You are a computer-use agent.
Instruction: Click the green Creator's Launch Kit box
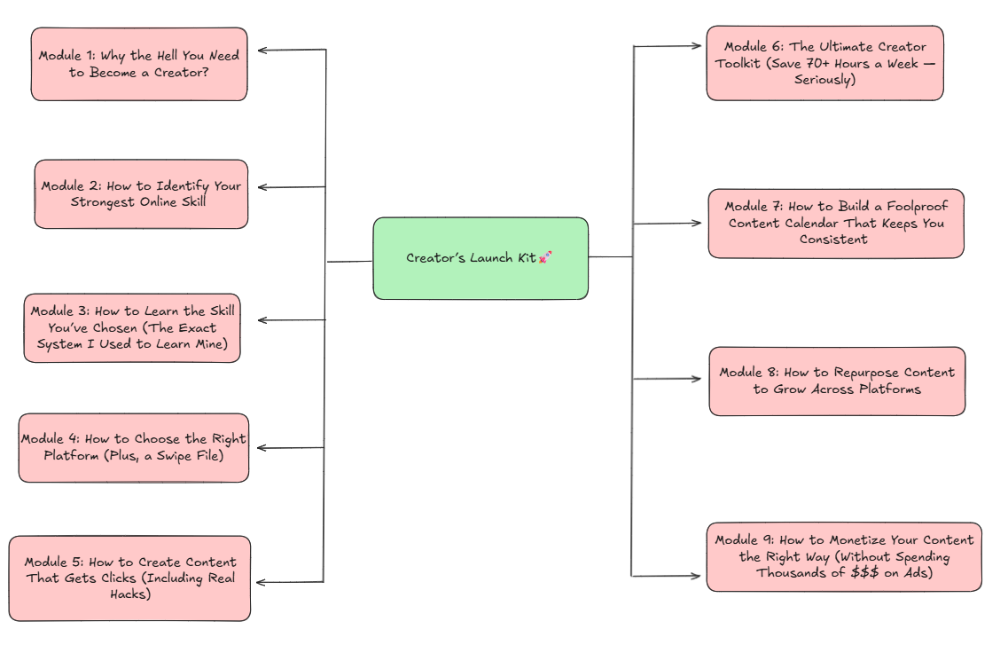[x=480, y=258]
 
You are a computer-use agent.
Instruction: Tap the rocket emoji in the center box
[x=546, y=257]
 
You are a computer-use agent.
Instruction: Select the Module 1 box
[x=139, y=64]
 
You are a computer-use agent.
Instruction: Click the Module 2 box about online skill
[x=141, y=194]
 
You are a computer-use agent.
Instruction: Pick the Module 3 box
[x=131, y=328]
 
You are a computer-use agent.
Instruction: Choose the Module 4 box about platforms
[x=134, y=448]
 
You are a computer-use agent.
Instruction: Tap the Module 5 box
[x=129, y=578]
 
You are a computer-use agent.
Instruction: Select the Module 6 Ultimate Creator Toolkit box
[x=824, y=63]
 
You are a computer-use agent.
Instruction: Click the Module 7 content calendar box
[x=835, y=224]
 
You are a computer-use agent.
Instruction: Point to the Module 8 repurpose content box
[x=837, y=381]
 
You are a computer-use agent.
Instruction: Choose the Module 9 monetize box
[x=843, y=556]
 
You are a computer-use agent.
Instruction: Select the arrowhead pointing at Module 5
[x=262, y=582]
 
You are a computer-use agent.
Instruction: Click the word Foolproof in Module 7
[x=915, y=207]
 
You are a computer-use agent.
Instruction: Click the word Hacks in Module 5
[x=129, y=595]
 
